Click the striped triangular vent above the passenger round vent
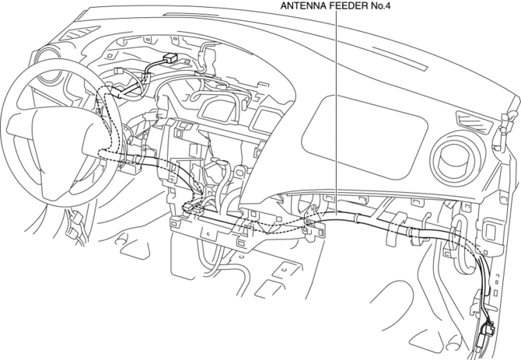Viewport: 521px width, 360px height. [471, 119]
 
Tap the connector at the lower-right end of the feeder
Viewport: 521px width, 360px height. [488, 330]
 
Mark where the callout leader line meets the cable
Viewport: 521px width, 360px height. [335, 220]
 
